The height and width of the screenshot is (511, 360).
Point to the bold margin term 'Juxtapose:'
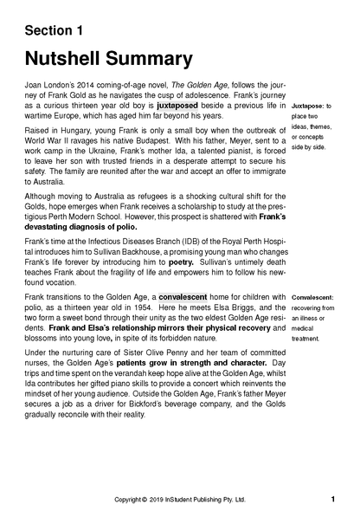click(x=312, y=104)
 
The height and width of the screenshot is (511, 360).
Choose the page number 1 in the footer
click(x=333, y=499)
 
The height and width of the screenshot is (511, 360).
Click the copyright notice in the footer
click(x=180, y=500)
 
